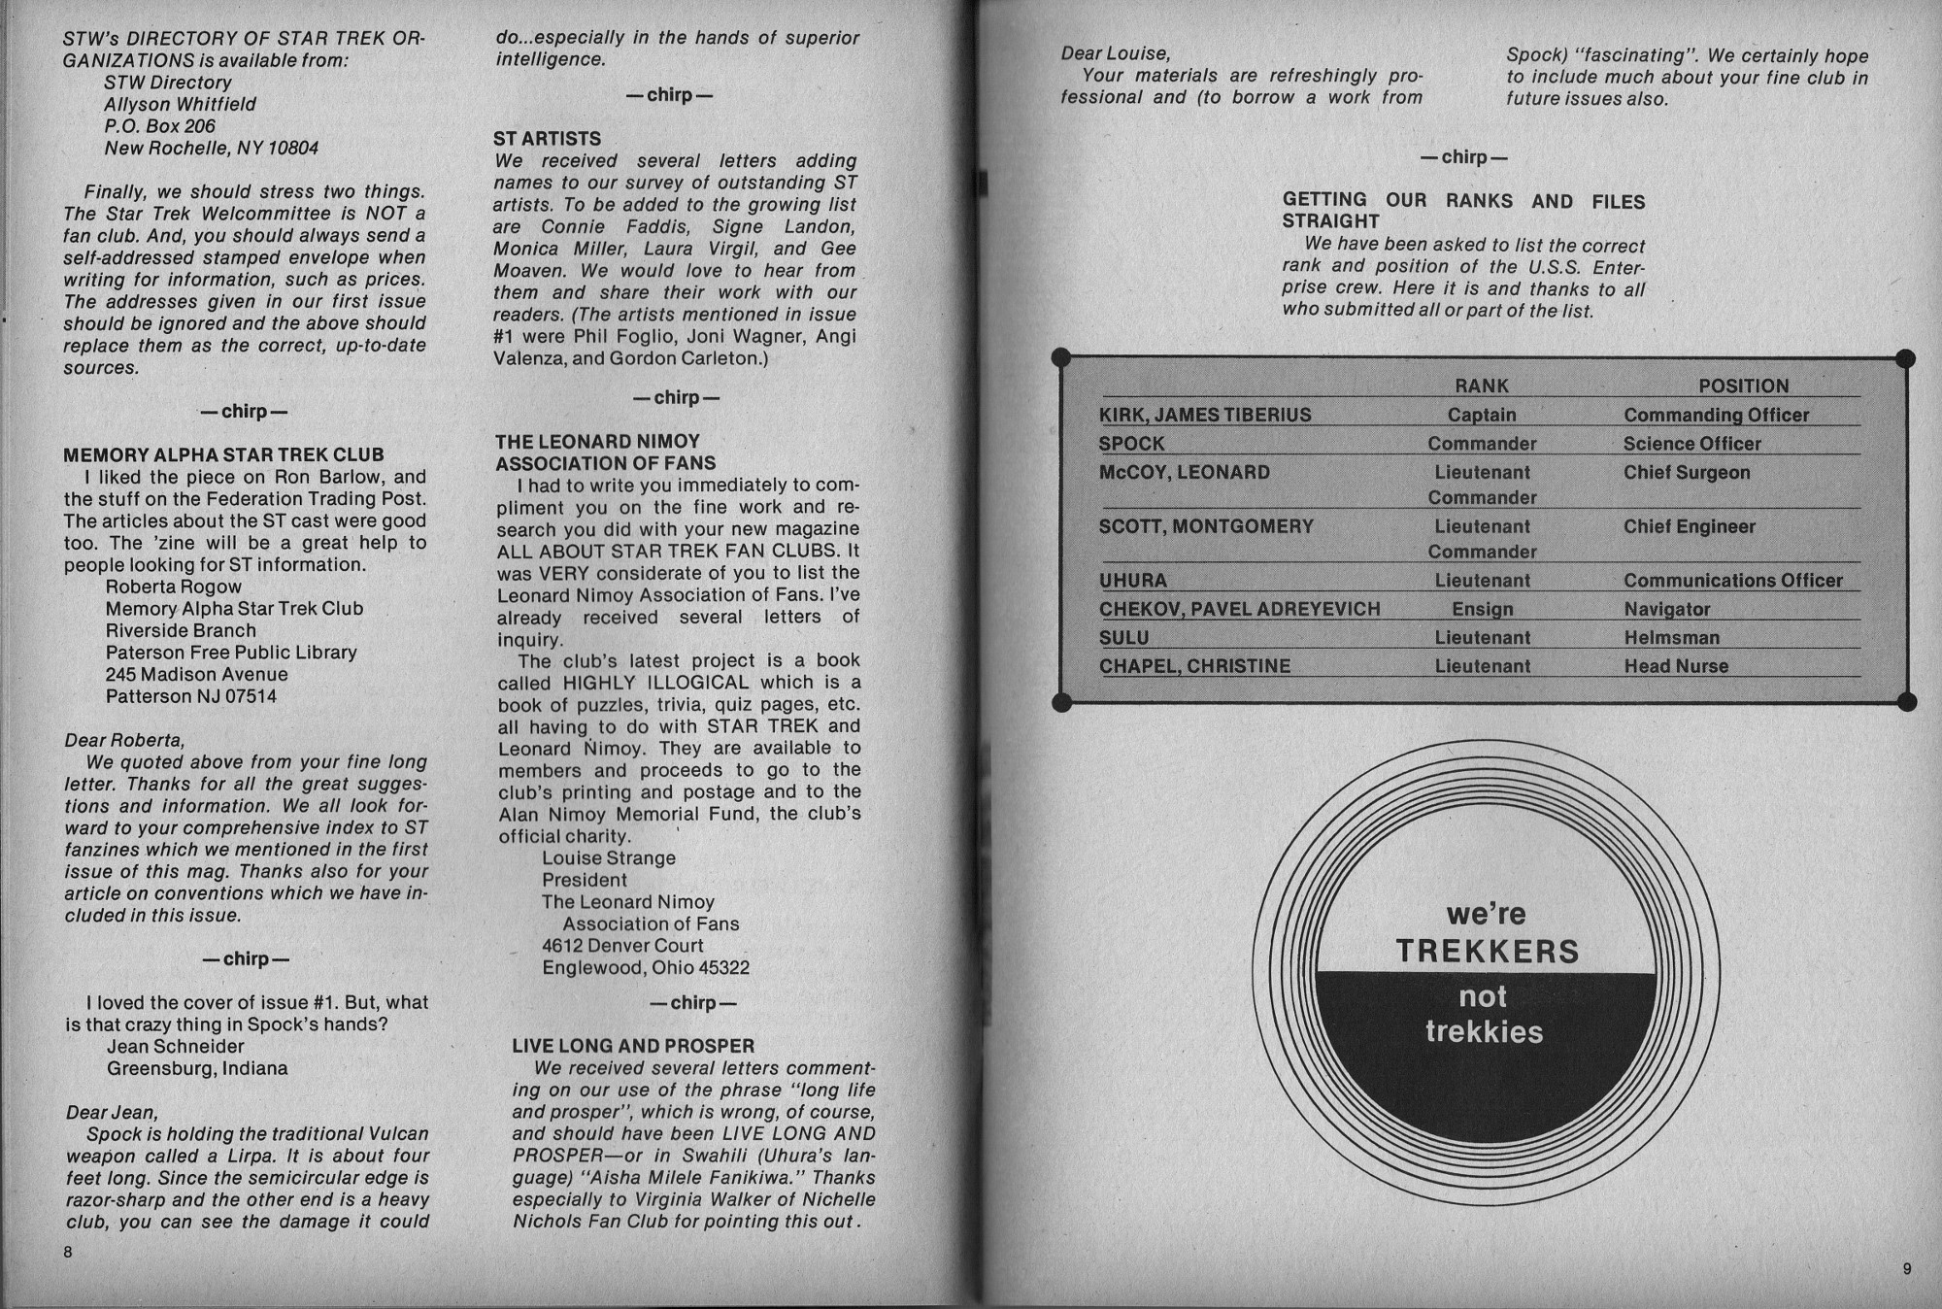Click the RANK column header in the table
pos(1482,386)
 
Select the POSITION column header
pos(1743,386)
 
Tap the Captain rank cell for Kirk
pos(1482,415)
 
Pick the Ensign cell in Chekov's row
pos(1482,609)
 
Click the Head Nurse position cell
pos(1676,666)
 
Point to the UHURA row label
pos(1132,581)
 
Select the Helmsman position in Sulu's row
pos(1671,638)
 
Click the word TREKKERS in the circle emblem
pos(1487,951)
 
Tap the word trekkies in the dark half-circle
pos(1484,1031)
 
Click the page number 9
pos(1907,1269)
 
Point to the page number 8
pos(68,1253)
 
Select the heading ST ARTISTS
pos(547,139)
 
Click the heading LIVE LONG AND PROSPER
pos(633,1046)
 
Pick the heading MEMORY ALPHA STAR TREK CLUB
pos(223,454)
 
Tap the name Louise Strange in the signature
pos(608,858)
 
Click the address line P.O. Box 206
pos(159,126)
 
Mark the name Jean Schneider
pos(175,1046)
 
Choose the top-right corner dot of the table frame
pos(1905,358)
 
